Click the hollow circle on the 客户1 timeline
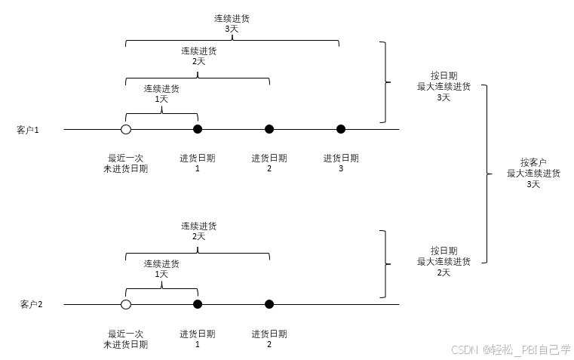point(126,129)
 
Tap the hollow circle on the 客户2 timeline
point(126,304)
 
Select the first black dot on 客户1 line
point(198,129)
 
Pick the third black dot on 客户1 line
point(341,129)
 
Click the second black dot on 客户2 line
point(269,304)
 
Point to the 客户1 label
point(27,130)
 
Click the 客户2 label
point(31,304)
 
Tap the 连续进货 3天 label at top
point(232,23)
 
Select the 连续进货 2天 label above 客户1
point(198,56)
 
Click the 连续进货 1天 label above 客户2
point(161,268)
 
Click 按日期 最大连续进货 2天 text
point(444,261)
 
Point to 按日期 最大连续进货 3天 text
point(444,86)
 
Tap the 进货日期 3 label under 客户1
point(341,163)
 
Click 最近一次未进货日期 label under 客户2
point(125,339)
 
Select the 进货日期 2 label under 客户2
point(269,339)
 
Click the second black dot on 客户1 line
point(269,129)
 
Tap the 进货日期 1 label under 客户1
point(198,163)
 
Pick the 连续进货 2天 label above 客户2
point(198,231)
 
